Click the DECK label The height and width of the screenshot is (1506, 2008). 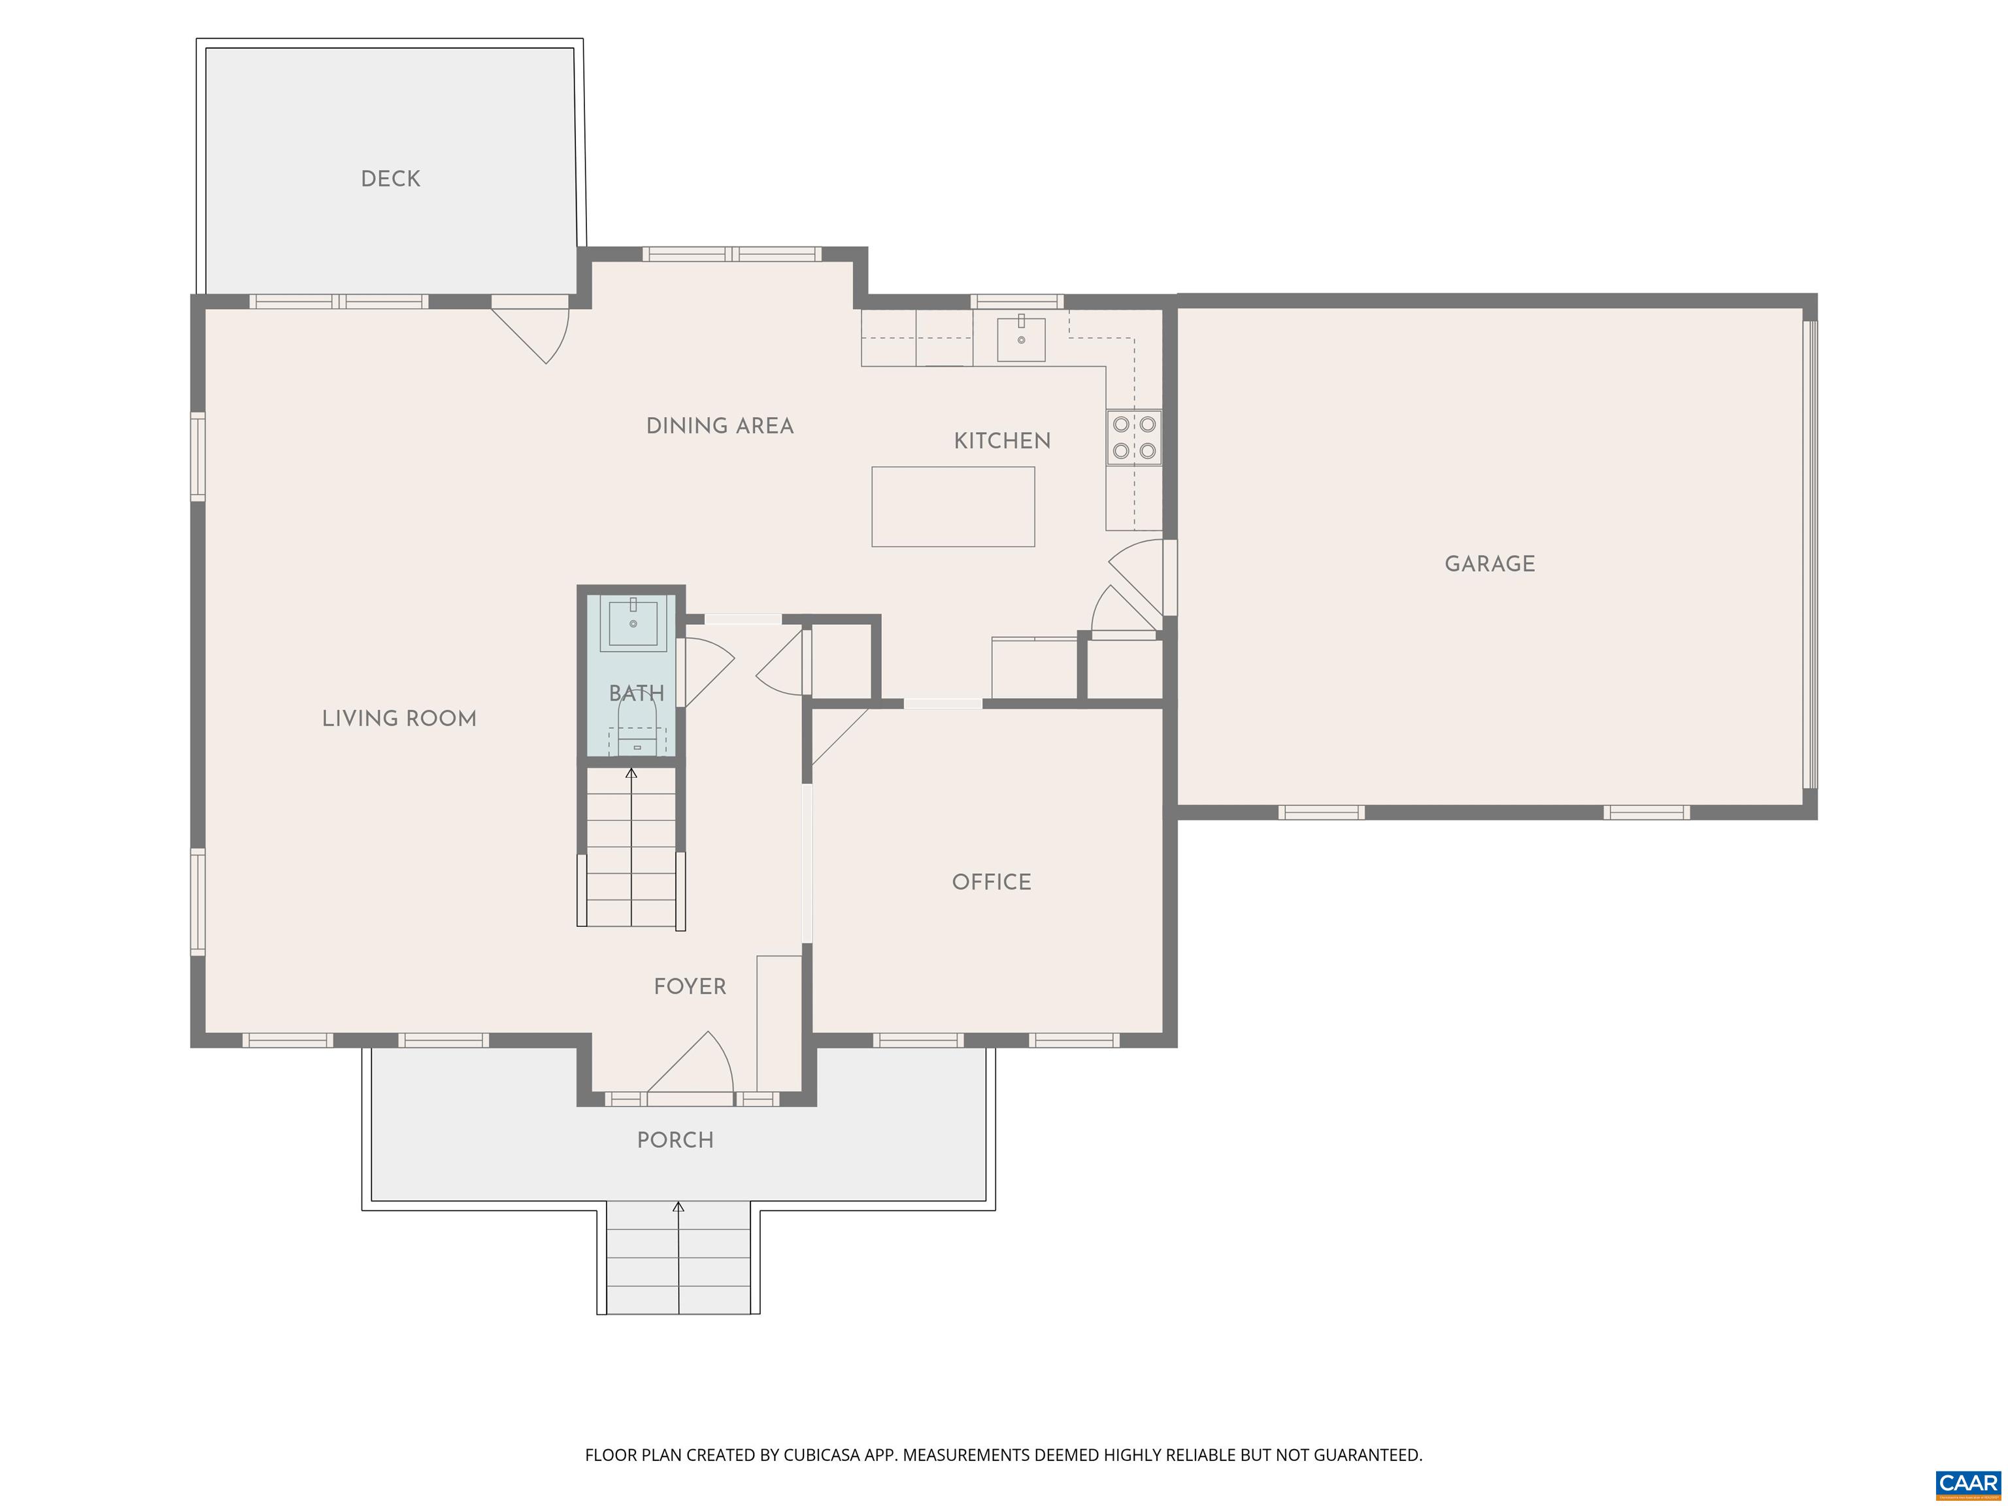(x=390, y=179)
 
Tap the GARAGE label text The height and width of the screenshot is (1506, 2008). (x=1490, y=563)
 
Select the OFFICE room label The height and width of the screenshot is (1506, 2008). (x=992, y=882)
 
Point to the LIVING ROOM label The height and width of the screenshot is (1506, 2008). (x=399, y=719)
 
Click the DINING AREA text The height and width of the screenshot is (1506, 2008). (x=720, y=426)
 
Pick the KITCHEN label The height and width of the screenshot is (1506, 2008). (x=1002, y=441)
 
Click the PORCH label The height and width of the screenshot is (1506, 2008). (x=675, y=1140)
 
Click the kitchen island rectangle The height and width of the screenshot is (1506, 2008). (x=953, y=507)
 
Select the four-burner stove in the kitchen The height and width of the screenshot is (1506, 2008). (x=1134, y=437)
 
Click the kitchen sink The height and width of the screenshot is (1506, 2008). (x=1021, y=339)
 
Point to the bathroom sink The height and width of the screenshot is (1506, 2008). (x=633, y=624)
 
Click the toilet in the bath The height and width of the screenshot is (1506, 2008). (x=637, y=728)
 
